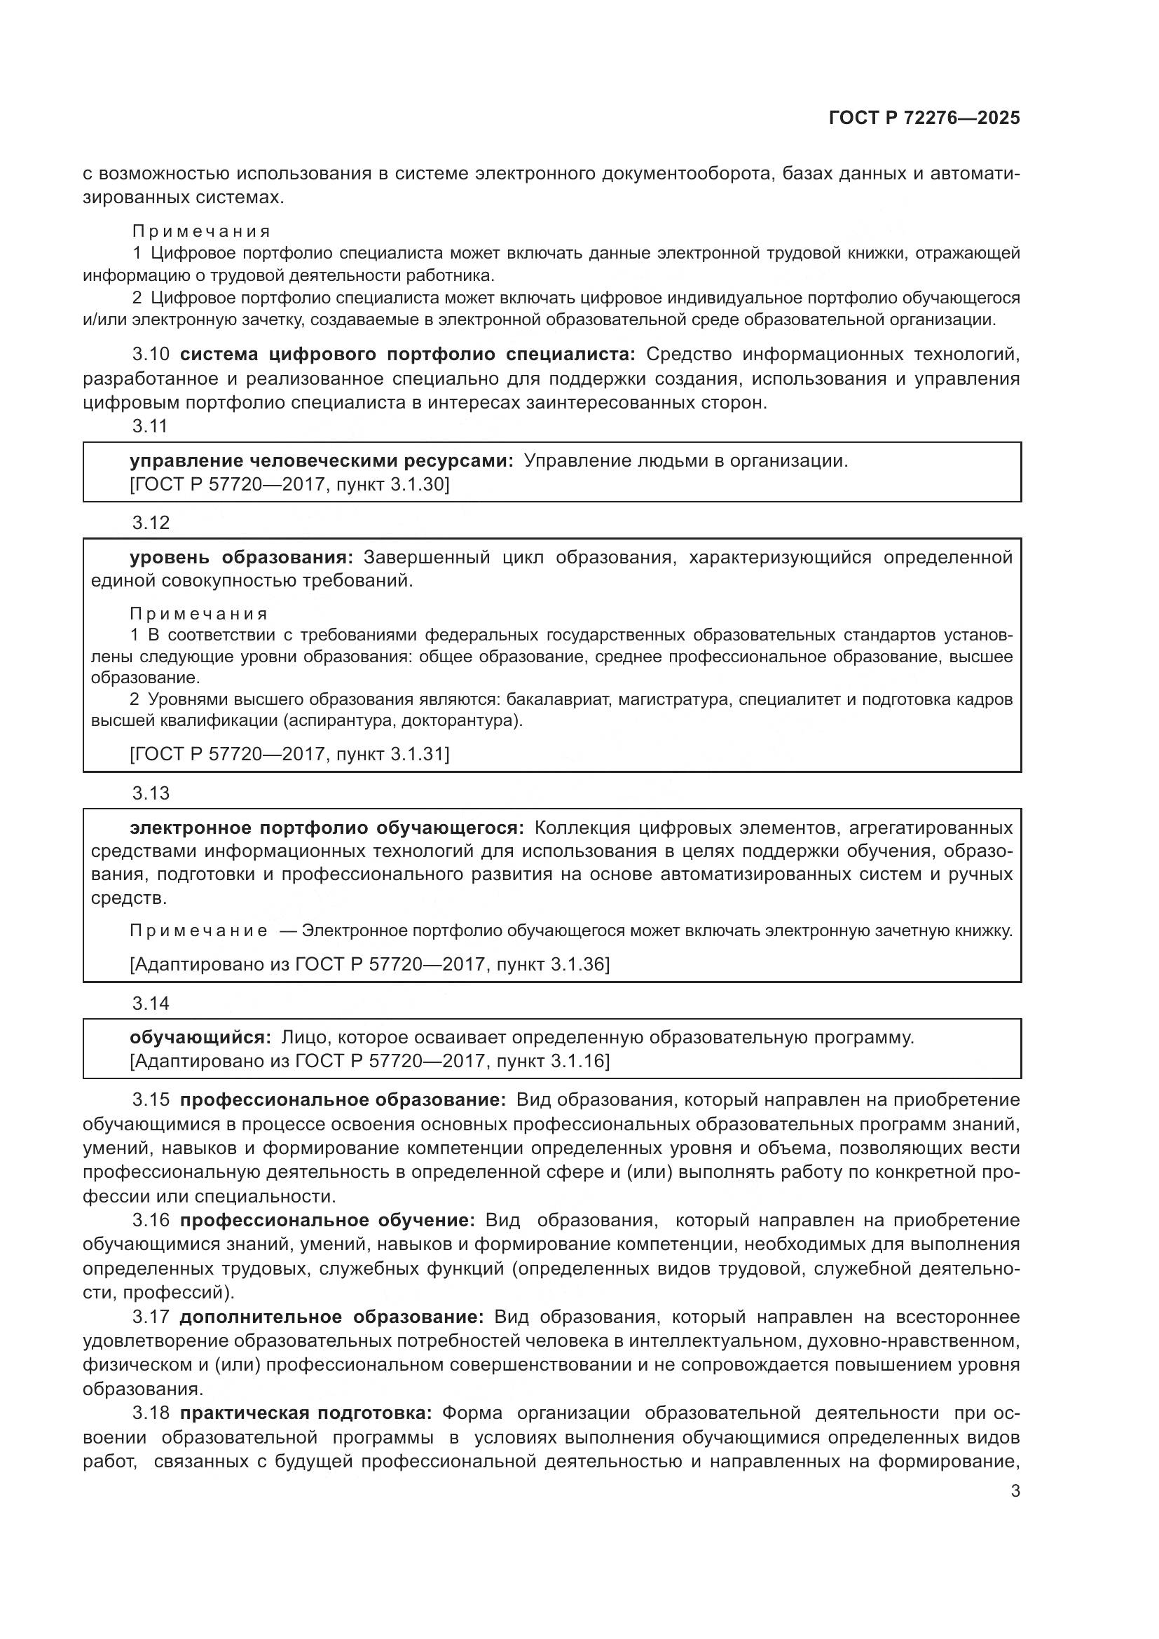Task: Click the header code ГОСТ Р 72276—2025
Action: coord(924,118)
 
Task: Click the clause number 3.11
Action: coord(150,426)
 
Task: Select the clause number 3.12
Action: coord(151,523)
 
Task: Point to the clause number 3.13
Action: coord(151,793)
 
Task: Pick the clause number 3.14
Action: coord(151,1003)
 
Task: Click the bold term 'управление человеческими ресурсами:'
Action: coord(321,460)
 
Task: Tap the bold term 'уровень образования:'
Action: coord(241,557)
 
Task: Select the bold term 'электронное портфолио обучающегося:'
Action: coord(326,828)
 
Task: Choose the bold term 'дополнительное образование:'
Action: coord(332,1317)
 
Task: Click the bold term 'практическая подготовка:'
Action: coord(306,1413)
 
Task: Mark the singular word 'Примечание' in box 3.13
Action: coord(199,931)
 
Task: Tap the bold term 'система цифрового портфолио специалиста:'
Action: coord(407,354)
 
